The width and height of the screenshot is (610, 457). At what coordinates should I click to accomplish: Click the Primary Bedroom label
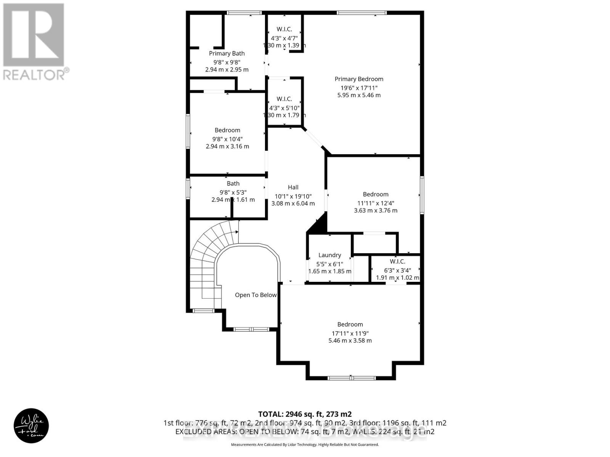point(359,79)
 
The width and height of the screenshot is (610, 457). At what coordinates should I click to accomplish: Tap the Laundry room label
point(329,255)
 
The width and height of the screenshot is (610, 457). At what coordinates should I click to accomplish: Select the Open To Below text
point(255,295)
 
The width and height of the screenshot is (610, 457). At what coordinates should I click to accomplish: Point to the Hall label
point(293,187)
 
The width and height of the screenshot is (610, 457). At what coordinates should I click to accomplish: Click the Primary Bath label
point(226,53)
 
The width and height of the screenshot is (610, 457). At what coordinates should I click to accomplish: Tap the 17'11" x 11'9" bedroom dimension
point(350,332)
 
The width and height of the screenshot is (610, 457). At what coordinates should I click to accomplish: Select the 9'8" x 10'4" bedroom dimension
point(227,139)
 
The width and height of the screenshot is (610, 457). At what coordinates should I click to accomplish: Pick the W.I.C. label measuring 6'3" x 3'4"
point(397,262)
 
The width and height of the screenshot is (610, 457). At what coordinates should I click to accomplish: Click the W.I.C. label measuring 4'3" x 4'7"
point(284,29)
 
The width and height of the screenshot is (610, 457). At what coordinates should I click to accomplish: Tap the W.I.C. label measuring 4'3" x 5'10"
point(284,99)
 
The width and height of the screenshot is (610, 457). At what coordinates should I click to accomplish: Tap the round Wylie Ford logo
point(31,426)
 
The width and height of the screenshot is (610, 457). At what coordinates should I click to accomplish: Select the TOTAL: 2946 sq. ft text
point(305,414)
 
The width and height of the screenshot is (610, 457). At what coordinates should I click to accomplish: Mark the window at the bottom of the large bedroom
point(351,378)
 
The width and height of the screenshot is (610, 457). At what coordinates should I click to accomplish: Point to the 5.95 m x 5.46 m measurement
point(359,95)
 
